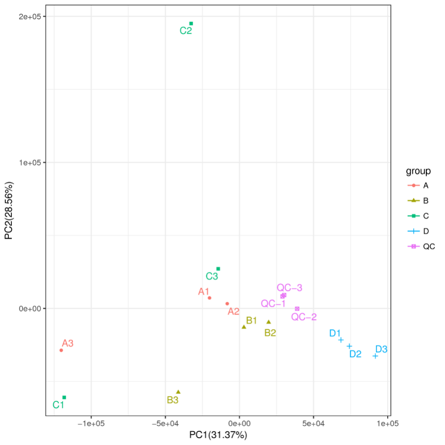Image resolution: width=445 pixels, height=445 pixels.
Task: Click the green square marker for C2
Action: click(191, 24)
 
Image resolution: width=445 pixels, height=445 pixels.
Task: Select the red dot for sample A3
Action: click(61, 350)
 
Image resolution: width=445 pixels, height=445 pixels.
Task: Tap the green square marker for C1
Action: click(64, 397)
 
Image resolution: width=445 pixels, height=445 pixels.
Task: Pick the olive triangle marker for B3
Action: click(178, 392)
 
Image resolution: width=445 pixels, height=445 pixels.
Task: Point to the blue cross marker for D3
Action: click(375, 356)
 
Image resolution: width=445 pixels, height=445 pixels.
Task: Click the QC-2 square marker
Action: click(297, 308)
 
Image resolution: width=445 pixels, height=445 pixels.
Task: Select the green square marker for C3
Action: click(218, 269)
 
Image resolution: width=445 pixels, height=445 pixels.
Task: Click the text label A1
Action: click(204, 292)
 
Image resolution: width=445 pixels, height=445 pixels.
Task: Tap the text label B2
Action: click(270, 333)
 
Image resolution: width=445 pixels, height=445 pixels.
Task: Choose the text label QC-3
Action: click(289, 288)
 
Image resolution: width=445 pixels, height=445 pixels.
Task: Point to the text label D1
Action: click(335, 333)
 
